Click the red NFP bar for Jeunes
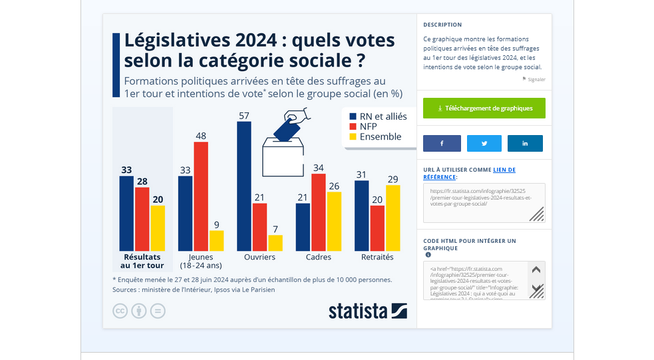pyautogui.click(x=201, y=196)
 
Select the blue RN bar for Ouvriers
pyautogui.click(x=244, y=186)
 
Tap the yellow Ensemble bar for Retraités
pyautogui.click(x=393, y=218)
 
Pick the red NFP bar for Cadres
pyautogui.click(x=319, y=212)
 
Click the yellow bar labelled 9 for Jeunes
pyautogui.click(x=217, y=240)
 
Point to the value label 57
pyautogui.click(x=244, y=116)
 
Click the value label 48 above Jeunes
pyautogui.click(x=201, y=136)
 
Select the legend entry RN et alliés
pyautogui.click(x=377, y=116)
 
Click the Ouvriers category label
pyautogui.click(x=259, y=257)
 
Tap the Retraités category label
pyautogui.click(x=377, y=257)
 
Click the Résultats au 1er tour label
pyautogui.click(x=142, y=261)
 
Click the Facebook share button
pyautogui.click(x=442, y=143)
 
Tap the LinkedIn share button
pyautogui.click(x=525, y=143)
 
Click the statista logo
pyautogui.click(x=368, y=311)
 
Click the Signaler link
pyautogui.click(x=536, y=79)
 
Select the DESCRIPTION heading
pyautogui.click(x=442, y=25)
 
